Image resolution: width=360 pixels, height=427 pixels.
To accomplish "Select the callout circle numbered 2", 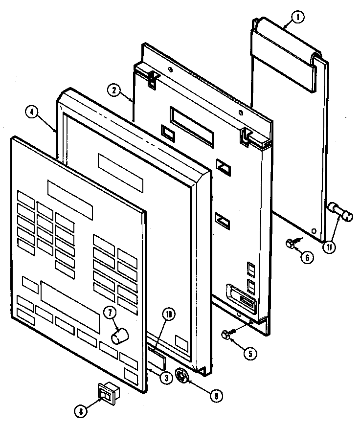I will (x=113, y=90).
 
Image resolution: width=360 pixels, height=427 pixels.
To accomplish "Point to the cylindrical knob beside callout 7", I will (x=120, y=337).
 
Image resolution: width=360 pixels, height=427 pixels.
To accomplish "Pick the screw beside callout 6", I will (x=290, y=242).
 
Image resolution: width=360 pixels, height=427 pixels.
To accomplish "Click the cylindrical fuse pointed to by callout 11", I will (x=340, y=214).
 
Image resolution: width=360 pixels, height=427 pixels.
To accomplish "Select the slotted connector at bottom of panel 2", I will (x=241, y=297).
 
